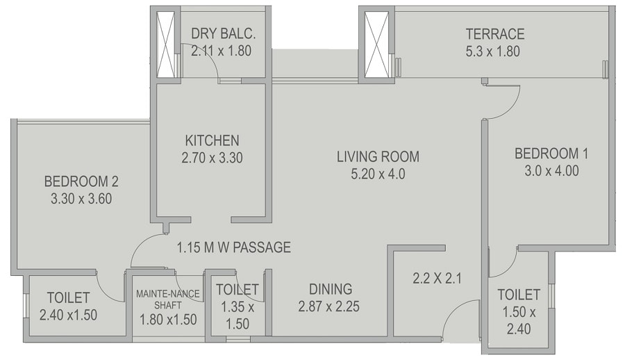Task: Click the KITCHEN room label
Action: coord(212,140)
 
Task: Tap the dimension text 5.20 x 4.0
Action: coord(378,174)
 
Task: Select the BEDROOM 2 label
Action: coord(81,181)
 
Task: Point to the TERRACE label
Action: coord(494,34)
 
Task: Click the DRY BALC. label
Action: coord(220,33)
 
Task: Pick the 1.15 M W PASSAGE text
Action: coord(233,247)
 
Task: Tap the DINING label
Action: coord(331,289)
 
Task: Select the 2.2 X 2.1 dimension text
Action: coord(437,279)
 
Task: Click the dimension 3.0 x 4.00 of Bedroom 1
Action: coord(551,170)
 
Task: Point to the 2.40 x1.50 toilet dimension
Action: coord(69,314)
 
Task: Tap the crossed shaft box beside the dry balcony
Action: coord(167,44)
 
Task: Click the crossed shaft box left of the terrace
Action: coord(377,44)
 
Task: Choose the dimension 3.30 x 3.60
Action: coord(81,198)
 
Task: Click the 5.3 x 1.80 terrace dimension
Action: coord(494,51)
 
